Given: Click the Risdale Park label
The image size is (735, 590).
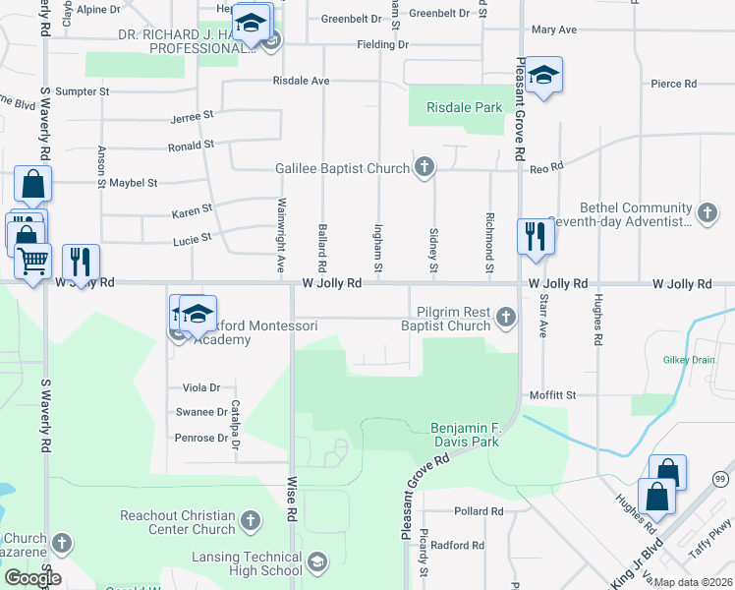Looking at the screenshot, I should coord(464,107).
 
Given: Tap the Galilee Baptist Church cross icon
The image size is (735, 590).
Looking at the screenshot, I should coord(424,167).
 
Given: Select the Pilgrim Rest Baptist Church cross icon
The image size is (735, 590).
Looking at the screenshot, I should coord(505,317).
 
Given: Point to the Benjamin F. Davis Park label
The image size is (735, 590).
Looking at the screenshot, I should coord(465,435).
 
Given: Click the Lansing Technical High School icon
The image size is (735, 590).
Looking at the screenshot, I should coord(316,562).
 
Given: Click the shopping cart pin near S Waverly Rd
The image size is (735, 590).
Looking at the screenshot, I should coord(33,262).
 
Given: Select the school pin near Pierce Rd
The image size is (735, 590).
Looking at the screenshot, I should coord(541,76).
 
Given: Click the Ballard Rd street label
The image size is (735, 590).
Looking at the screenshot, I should coord(322,247).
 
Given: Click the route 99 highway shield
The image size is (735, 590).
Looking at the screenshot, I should coord(719,479).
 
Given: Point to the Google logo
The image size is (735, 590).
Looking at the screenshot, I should coord(31,578).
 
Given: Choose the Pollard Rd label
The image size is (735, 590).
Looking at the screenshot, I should coord(479,511).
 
